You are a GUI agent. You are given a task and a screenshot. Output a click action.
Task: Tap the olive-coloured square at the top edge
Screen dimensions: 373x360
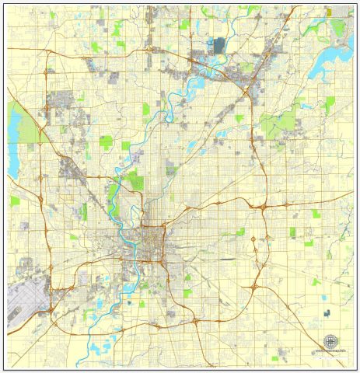click(x=329, y=12)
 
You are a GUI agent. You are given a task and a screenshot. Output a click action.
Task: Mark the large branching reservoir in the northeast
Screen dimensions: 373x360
click(x=327, y=62)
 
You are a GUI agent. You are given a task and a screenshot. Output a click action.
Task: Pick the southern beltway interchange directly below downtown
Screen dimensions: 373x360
click(x=159, y=326)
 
